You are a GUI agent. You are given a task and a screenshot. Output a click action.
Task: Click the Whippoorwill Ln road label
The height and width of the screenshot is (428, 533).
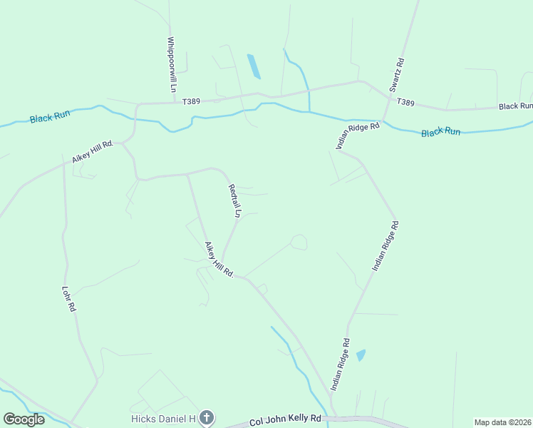(172, 65)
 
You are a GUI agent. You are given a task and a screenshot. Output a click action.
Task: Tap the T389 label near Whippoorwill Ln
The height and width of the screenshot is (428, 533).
(191, 102)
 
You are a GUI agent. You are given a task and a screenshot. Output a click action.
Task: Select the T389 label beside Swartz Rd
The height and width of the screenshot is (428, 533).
(405, 103)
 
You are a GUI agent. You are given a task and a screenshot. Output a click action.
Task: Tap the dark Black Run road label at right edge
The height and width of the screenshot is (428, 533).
(515, 106)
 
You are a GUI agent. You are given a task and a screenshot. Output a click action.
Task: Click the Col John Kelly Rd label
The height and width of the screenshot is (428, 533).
(286, 421)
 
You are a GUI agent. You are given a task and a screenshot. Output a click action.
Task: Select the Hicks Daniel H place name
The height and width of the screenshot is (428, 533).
(162, 418)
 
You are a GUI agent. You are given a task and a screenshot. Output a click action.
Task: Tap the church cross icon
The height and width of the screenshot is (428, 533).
(206, 418)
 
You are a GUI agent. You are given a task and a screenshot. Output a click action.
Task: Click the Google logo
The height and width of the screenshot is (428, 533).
(24, 419)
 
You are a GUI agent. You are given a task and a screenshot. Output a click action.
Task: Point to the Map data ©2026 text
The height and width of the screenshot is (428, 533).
(503, 422)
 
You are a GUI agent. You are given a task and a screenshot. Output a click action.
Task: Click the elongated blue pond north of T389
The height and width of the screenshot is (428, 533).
(253, 66)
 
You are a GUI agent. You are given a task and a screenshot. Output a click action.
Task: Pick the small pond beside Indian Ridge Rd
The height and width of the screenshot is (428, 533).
(361, 355)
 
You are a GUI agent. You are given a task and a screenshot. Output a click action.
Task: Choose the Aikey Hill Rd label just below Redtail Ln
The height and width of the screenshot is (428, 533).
(219, 259)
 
